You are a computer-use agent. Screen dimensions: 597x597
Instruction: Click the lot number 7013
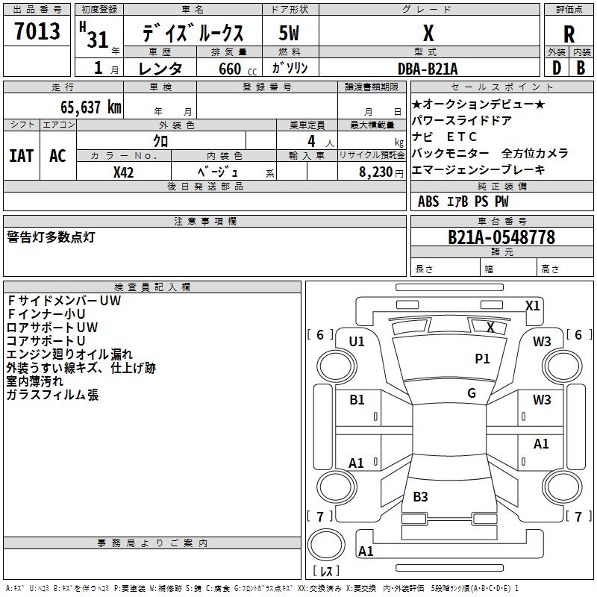click(x=37, y=32)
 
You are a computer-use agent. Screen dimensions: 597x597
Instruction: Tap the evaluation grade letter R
click(x=569, y=34)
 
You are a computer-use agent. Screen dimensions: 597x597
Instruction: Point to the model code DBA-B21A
click(x=428, y=68)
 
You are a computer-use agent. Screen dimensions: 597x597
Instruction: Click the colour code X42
click(x=124, y=172)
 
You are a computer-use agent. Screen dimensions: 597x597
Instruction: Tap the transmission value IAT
click(x=21, y=156)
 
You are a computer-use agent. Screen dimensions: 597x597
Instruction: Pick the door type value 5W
click(x=290, y=34)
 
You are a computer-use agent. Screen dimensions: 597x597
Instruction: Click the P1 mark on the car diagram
click(x=482, y=359)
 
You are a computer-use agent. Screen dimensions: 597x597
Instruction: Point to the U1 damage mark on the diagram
click(x=357, y=342)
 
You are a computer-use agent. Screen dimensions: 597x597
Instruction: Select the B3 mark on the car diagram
click(x=420, y=496)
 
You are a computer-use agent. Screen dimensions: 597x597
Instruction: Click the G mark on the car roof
click(x=472, y=393)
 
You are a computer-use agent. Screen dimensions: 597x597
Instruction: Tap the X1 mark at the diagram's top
click(x=532, y=305)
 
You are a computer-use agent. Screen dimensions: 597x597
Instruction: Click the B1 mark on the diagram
click(x=357, y=400)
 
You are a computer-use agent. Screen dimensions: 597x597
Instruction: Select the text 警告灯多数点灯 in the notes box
click(x=51, y=237)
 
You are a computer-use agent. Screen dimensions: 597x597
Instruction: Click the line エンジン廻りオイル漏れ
click(x=69, y=354)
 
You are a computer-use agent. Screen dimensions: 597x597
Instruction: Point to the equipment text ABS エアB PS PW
click(x=463, y=201)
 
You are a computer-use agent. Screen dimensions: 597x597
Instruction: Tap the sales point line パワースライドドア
click(x=461, y=121)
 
